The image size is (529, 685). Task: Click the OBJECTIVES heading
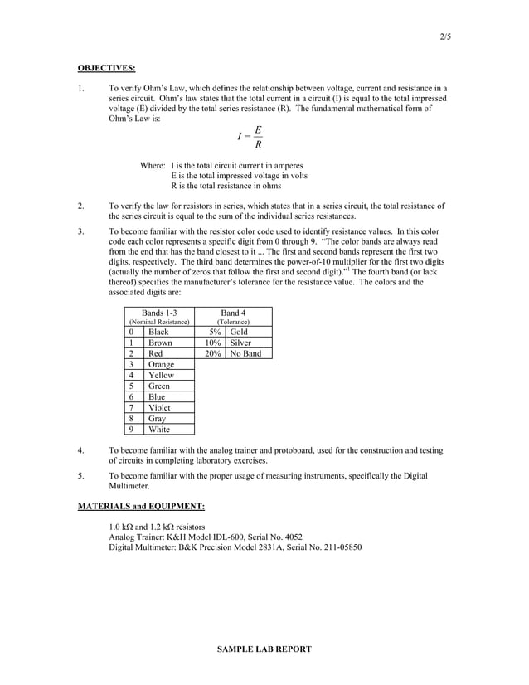pos(106,67)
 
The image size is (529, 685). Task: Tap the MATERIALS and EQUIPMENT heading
pos(141,505)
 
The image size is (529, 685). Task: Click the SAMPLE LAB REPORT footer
pos(264,649)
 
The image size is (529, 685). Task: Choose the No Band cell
pos(245,353)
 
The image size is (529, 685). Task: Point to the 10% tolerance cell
pos(213,342)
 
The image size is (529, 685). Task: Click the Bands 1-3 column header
pos(159,312)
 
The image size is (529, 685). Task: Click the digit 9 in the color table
pos(132,430)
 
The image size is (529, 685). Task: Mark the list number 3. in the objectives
pos(81,231)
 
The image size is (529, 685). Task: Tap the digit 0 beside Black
pos(132,332)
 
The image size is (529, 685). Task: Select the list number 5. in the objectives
pos(81,476)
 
